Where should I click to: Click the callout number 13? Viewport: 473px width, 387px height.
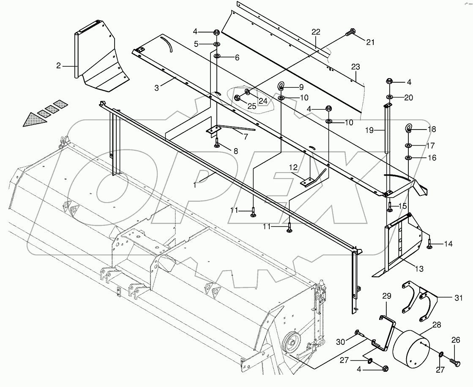click(x=419, y=269)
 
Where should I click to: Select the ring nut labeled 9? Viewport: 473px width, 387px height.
click(x=281, y=87)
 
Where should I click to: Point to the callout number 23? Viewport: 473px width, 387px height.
click(x=355, y=67)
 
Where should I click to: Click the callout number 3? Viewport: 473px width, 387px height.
click(x=156, y=88)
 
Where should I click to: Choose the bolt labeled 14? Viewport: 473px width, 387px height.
click(x=428, y=244)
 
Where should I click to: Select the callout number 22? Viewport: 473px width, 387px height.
click(x=317, y=32)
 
